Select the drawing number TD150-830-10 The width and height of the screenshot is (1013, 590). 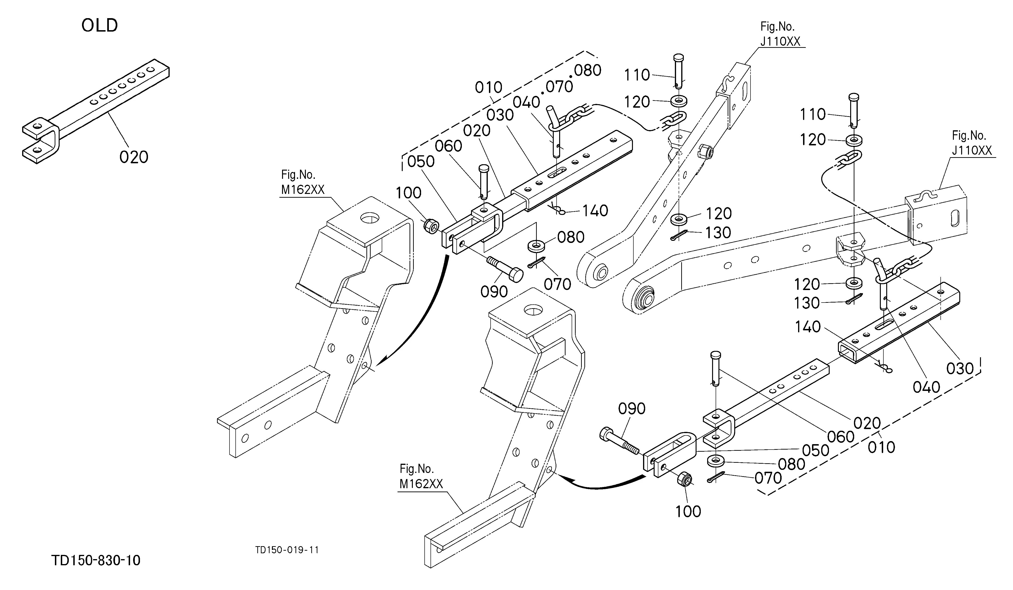coord(96,560)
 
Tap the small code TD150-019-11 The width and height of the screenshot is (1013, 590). coord(287,550)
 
